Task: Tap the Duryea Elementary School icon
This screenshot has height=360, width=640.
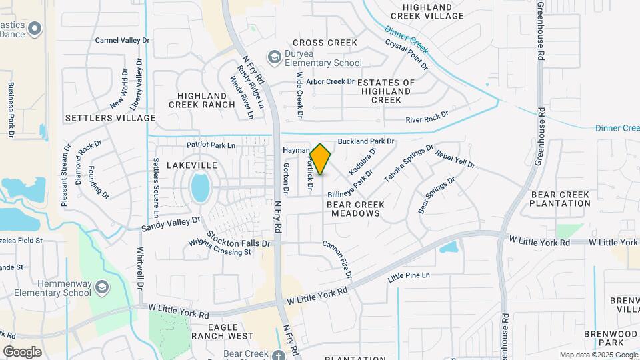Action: (x=273, y=58)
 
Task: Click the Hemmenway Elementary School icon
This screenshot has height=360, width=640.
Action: (x=103, y=287)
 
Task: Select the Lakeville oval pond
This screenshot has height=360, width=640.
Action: (x=200, y=187)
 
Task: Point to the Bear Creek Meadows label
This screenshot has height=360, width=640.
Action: (x=353, y=208)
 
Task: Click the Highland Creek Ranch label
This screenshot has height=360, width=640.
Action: (x=201, y=99)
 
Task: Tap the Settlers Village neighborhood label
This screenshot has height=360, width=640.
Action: (x=110, y=118)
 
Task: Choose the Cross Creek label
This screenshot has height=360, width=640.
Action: (x=324, y=43)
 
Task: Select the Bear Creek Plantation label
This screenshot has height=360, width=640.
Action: (x=560, y=199)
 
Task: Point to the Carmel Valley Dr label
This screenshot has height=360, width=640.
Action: (x=123, y=40)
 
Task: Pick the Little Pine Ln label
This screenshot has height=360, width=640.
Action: (x=409, y=275)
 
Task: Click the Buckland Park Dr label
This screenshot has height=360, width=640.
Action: (x=366, y=141)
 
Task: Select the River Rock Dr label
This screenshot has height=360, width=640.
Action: (x=427, y=117)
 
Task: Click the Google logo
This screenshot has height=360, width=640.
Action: (x=22, y=352)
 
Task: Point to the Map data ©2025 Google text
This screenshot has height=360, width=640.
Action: (x=599, y=355)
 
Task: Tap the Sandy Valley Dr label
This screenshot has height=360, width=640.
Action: (x=171, y=224)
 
